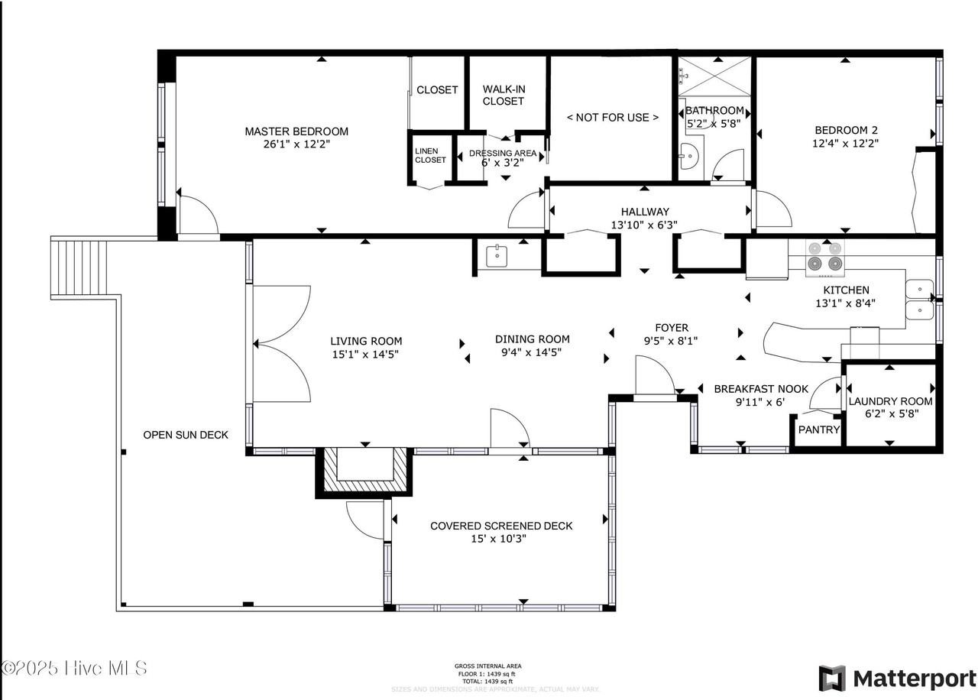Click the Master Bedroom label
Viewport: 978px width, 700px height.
coord(296,131)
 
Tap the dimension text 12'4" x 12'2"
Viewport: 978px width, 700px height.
coord(845,143)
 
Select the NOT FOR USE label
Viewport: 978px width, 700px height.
coord(612,117)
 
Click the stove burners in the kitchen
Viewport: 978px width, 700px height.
coord(825,257)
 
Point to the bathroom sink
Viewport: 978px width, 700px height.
coord(688,156)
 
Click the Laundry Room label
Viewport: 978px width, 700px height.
coord(890,401)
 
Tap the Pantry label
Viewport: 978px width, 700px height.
coord(818,429)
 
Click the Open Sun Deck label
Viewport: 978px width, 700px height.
coord(186,435)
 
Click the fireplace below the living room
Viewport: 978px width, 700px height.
coord(364,470)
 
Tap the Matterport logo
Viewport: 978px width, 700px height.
coord(898,679)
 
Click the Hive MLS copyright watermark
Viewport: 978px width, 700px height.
coord(75,668)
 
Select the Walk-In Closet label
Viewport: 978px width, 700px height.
coord(504,95)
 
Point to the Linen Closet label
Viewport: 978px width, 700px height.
coord(430,156)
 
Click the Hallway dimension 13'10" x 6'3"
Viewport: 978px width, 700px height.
coord(645,225)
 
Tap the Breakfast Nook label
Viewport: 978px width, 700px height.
coord(760,389)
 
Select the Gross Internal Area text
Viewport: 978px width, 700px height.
coord(488,666)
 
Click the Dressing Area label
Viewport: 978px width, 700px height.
coord(503,154)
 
